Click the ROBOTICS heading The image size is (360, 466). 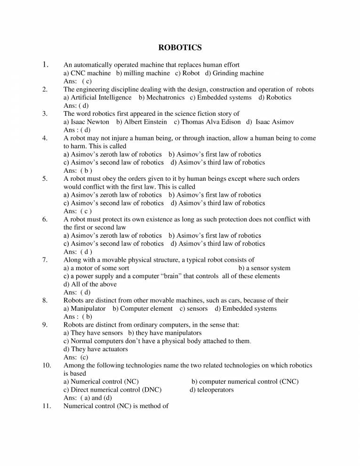pyautogui.click(x=180, y=47)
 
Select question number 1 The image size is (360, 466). pyautogui.click(x=46, y=64)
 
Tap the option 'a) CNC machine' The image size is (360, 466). pyautogui.click(x=87, y=73)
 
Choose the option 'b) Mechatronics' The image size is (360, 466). pyautogui.click(x=161, y=97)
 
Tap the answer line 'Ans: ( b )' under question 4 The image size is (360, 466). pyautogui.click(x=78, y=170)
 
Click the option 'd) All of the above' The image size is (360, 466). pyautogui.click(x=90, y=284)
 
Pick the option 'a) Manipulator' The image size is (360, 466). pyautogui.click(x=84, y=309)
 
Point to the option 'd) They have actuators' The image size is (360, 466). pyautogui.click(x=96, y=349)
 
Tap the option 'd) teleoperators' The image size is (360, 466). pyautogui.click(x=212, y=390)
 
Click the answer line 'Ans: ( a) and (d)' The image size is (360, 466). pyautogui.click(x=88, y=398)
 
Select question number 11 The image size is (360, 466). pyautogui.click(x=46, y=406)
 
